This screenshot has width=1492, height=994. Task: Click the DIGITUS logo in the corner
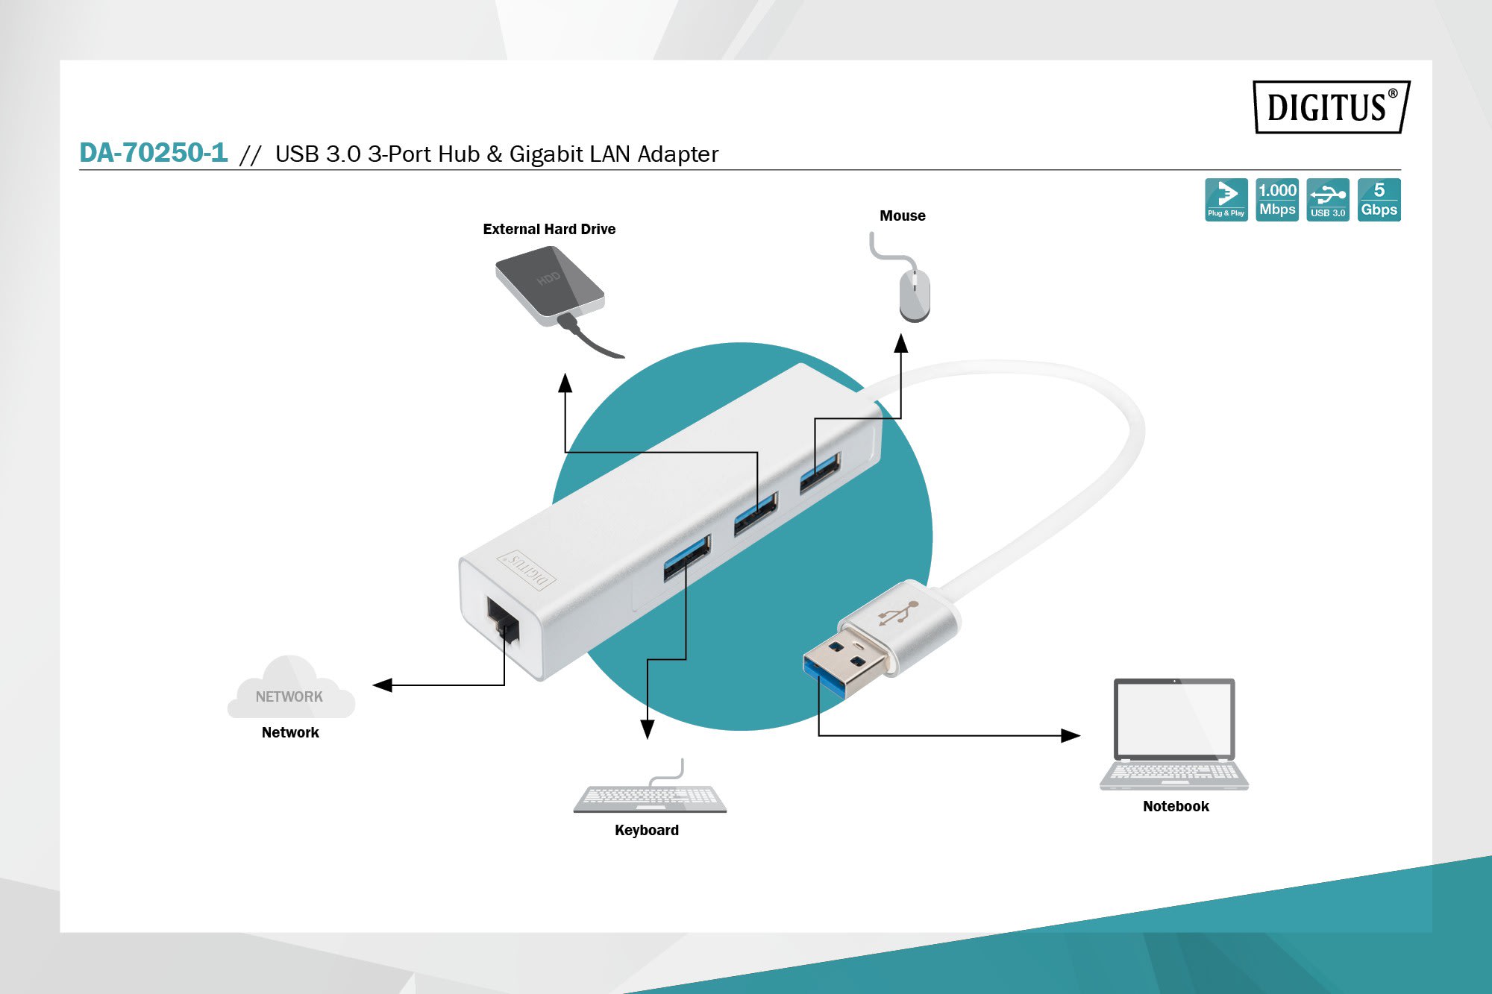tap(1331, 107)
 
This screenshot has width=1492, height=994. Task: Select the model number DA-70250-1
tap(154, 153)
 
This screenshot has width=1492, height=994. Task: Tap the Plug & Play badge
tap(1226, 200)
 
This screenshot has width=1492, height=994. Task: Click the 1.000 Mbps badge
tap(1277, 200)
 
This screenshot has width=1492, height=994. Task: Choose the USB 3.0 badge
tap(1328, 200)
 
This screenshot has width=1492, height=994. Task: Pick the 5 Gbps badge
tap(1379, 200)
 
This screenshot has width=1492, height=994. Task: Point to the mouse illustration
tap(915, 294)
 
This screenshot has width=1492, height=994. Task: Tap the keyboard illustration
tap(650, 797)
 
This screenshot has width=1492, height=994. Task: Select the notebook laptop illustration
tap(1174, 734)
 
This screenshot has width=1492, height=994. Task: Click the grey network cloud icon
tap(290, 691)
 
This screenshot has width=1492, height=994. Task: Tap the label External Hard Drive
tap(549, 229)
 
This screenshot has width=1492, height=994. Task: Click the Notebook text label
tap(1176, 806)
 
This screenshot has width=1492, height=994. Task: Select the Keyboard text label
tap(647, 830)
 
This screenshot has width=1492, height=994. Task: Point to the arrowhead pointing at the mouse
tap(901, 343)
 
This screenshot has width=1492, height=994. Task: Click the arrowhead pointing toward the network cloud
tap(383, 685)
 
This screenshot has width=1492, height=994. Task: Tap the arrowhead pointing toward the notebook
tap(1071, 736)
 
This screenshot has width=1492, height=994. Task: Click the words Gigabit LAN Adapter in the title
tap(613, 154)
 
